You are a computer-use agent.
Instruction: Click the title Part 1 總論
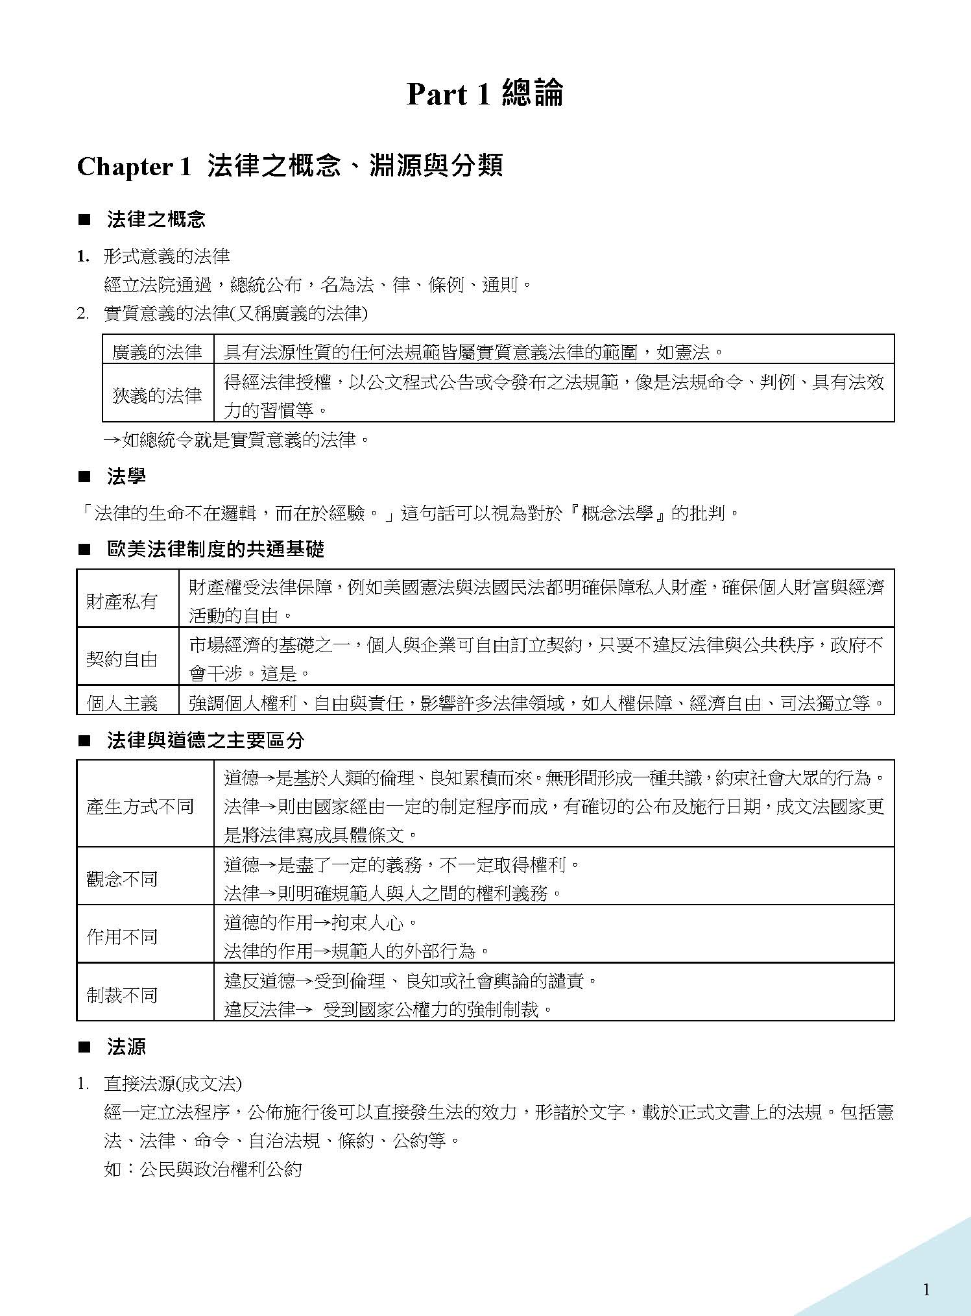[485, 94]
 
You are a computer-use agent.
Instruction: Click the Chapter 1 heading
[289, 167]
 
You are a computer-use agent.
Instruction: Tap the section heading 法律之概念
[156, 219]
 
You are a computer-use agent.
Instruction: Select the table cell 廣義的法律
[157, 352]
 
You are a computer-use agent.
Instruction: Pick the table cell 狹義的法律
[157, 395]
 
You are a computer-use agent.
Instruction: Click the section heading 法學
[126, 477]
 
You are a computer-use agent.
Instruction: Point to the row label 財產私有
[122, 601]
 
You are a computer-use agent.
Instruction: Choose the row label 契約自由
[122, 659]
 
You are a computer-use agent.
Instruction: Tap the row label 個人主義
[122, 703]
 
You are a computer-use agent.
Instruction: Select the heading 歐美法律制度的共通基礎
[215, 550]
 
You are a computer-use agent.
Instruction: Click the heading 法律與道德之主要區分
[206, 740]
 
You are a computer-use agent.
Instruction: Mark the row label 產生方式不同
[140, 807]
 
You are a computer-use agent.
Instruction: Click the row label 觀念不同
[122, 879]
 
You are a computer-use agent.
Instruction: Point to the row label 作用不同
[122, 936]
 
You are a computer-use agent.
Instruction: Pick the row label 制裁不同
[122, 995]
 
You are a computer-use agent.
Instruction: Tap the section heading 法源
[126, 1046]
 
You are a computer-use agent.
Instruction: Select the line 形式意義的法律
[167, 256]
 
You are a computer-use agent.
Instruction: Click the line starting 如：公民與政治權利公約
[203, 1169]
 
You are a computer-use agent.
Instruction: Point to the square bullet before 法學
[83, 478]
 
